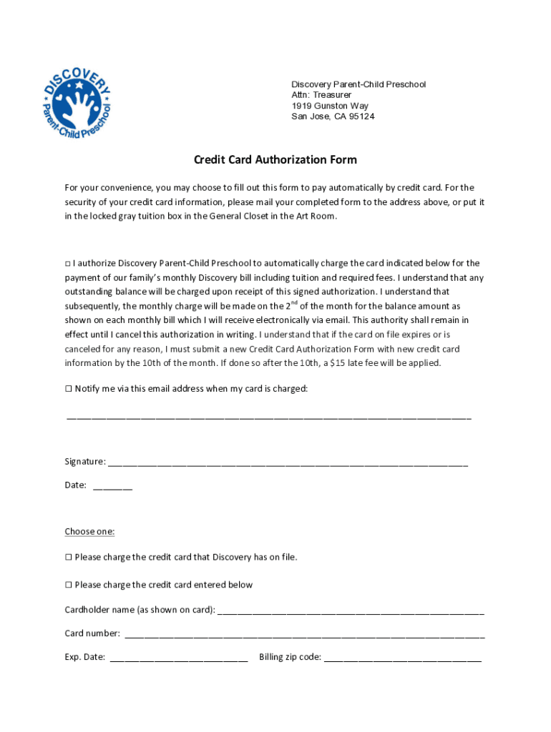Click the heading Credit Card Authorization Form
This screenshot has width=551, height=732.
(x=275, y=159)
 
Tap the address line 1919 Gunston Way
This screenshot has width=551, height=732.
(x=329, y=106)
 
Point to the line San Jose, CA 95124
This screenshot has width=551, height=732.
(x=332, y=117)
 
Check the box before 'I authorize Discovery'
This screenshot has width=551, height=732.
(x=68, y=264)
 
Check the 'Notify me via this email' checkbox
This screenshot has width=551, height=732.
(x=69, y=389)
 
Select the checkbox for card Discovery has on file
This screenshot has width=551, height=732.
(x=69, y=557)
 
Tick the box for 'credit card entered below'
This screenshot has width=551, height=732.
(x=69, y=585)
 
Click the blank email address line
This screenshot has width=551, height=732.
(x=268, y=416)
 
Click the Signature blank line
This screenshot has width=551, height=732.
(x=288, y=463)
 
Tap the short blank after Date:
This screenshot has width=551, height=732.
(x=112, y=487)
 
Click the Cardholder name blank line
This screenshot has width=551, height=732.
(x=350, y=612)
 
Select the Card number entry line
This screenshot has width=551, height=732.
(x=304, y=635)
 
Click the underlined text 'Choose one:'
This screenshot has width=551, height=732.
(x=89, y=531)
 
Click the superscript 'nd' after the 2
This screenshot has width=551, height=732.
(x=293, y=303)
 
